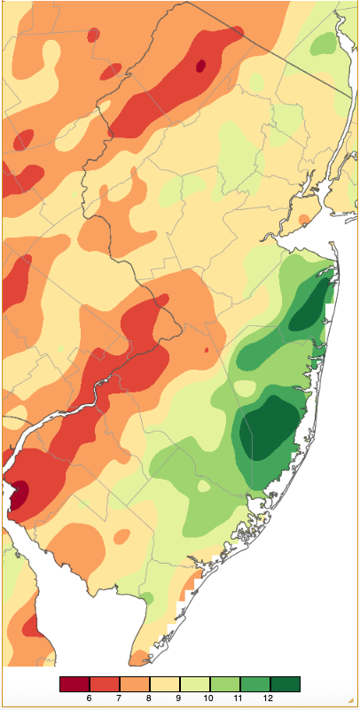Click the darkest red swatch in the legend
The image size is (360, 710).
(x=74, y=683)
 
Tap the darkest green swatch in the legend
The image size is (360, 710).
(x=285, y=683)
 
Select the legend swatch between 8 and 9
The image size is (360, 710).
(x=165, y=683)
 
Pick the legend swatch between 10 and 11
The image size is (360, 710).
(x=225, y=683)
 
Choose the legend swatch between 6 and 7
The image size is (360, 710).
(x=105, y=683)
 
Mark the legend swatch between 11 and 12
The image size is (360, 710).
(x=254, y=683)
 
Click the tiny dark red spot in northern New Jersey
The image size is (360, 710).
(x=200, y=65)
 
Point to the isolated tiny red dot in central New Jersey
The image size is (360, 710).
(x=206, y=350)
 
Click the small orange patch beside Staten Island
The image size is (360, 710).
(x=306, y=218)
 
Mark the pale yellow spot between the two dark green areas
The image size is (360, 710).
(x=245, y=387)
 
